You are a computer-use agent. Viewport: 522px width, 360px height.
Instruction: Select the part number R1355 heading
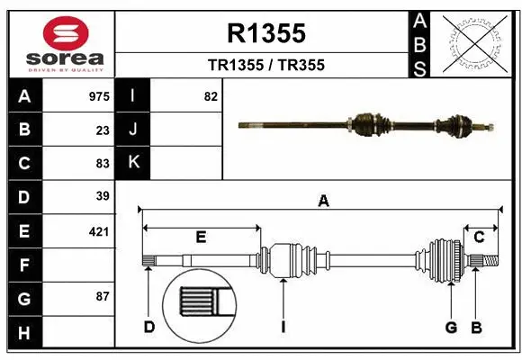pyautogui.click(x=266, y=34)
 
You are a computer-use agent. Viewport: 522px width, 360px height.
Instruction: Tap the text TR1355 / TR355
pyautogui.click(x=266, y=65)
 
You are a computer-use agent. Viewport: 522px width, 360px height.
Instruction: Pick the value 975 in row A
pyautogui.click(x=99, y=95)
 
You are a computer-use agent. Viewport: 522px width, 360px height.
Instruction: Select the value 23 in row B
pyautogui.click(x=103, y=130)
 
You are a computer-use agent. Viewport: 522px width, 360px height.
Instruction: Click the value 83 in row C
pyautogui.click(x=103, y=164)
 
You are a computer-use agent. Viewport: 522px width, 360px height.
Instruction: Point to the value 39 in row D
pyautogui.click(x=103, y=196)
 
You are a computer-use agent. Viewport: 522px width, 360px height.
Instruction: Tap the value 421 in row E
pyautogui.click(x=99, y=231)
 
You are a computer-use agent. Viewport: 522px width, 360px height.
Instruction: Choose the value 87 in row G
pyautogui.click(x=103, y=296)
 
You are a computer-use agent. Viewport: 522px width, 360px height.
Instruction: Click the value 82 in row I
pyautogui.click(x=211, y=95)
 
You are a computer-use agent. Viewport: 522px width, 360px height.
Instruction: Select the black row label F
pyautogui.click(x=24, y=265)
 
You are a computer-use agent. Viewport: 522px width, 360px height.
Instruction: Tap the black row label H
pyautogui.click(x=24, y=333)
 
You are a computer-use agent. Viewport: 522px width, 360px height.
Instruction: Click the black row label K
pyautogui.click(x=133, y=163)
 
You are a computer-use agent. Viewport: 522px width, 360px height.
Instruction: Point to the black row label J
pyautogui.click(x=133, y=130)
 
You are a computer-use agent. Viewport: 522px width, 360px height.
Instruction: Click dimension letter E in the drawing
pyautogui.click(x=201, y=237)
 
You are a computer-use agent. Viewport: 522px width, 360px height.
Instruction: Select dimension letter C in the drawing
pyautogui.click(x=480, y=237)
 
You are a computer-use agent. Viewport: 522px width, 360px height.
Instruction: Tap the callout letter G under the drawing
pyautogui.click(x=451, y=327)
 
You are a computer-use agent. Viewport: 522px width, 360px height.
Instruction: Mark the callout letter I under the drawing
pyautogui.click(x=283, y=327)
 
